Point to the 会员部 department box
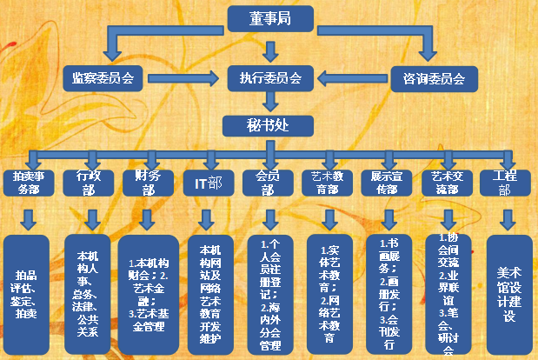pos(265,183)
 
